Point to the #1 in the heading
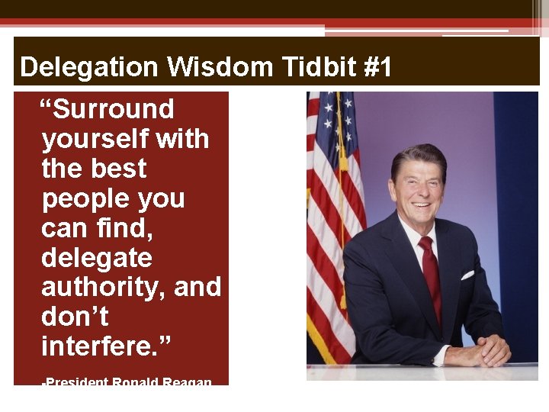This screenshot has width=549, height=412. pos(378,68)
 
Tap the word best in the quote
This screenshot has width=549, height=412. pos(117,169)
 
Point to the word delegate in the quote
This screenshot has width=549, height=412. pos(97,258)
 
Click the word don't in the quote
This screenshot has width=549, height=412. pos(75,317)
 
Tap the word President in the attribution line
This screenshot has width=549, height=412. pos(76,381)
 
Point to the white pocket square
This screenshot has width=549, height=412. pos(467,274)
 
